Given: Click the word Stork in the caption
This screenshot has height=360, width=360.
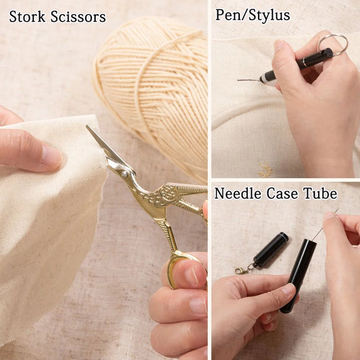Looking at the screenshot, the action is [x=27, y=17].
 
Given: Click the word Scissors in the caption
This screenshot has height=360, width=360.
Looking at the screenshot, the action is [x=78, y=17].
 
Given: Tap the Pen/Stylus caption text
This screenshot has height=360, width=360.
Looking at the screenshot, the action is [x=253, y=16].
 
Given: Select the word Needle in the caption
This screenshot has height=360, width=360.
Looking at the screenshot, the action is [x=237, y=193].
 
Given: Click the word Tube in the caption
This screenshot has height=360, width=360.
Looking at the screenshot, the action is [x=321, y=193].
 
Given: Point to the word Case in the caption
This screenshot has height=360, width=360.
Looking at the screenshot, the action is [x=282, y=193].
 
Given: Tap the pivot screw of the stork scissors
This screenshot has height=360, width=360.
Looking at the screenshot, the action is [x=124, y=174].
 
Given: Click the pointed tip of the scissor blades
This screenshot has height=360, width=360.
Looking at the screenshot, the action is [x=87, y=126].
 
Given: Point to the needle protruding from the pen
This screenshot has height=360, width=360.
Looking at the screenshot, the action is [x=249, y=80].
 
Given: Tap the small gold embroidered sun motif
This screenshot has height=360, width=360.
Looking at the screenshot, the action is [x=265, y=170].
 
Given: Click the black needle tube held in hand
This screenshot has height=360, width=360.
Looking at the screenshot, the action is [x=298, y=276].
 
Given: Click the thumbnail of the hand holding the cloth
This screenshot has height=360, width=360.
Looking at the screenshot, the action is [x=51, y=155].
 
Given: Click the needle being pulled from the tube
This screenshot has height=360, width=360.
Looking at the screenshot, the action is [x=326, y=224].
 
